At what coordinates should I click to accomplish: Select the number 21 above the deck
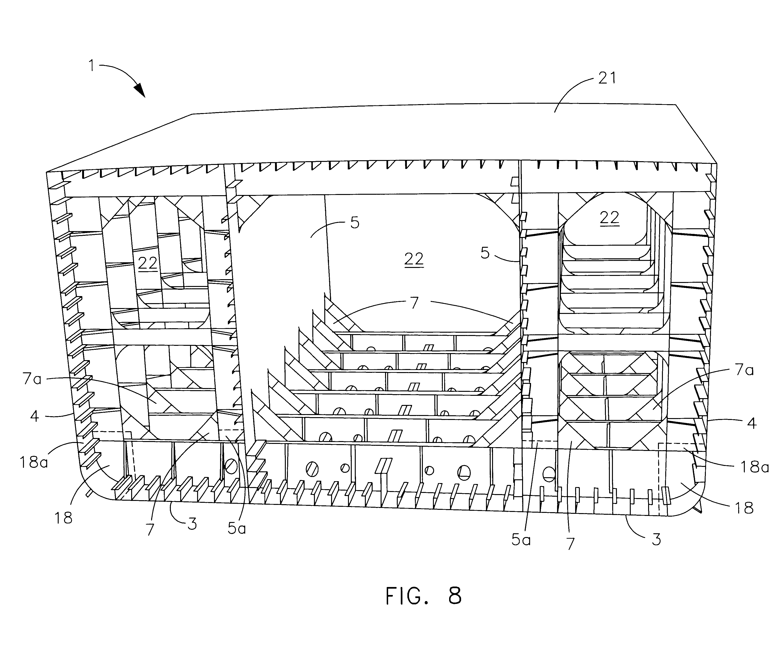coord(607,78)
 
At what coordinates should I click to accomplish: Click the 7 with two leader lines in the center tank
coord(415,303)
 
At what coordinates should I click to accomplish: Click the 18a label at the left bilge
coord(34,462)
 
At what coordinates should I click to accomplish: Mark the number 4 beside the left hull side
coord(34,416)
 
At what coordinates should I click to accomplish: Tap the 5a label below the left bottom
coord(237,529)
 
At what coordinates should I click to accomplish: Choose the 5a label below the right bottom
coord(521,540)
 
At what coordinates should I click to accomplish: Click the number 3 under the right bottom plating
coord(656,539)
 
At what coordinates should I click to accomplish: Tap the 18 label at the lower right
coord(744,508)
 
